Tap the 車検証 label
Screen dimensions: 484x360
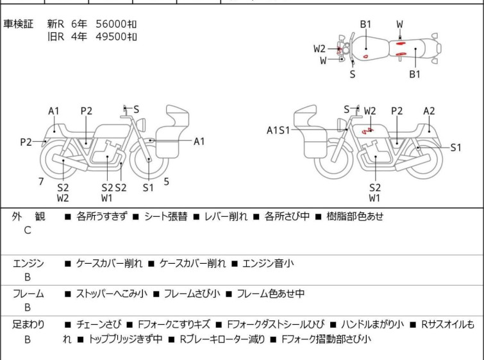coord(18,24)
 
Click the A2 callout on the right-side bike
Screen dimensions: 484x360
coord(429,111)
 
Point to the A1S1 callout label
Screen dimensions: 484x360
coord(278,130)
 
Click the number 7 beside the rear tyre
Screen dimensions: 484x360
coord(41,182)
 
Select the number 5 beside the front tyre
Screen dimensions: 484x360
coord(167,182)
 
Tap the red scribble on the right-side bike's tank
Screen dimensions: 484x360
coord(367,131)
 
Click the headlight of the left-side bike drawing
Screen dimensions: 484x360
coord(142,124)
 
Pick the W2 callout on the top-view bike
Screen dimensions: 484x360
coord(319,49)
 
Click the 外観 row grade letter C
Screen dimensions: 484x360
coord(28,230)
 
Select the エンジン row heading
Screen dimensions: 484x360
coord(28,263)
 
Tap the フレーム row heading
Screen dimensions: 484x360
coord(28,293)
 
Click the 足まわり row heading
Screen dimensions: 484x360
coord(28,325)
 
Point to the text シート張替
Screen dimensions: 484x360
coord(166,216)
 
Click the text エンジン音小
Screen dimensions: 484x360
coord(268,263)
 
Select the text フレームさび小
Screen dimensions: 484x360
coord(192,293)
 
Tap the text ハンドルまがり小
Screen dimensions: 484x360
coord(372,325)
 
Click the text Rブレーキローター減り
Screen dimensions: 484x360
coord(222,339)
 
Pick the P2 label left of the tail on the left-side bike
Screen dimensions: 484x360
coord(26,142)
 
